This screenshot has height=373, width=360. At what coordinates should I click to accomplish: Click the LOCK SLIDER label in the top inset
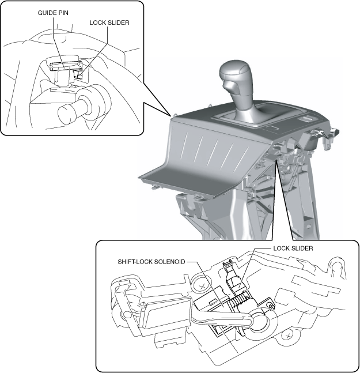pos(109,23)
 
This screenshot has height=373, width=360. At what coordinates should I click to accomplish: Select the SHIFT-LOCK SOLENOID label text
pos(151,261)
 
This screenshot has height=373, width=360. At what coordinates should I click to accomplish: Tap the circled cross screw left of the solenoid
pos(202,283)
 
